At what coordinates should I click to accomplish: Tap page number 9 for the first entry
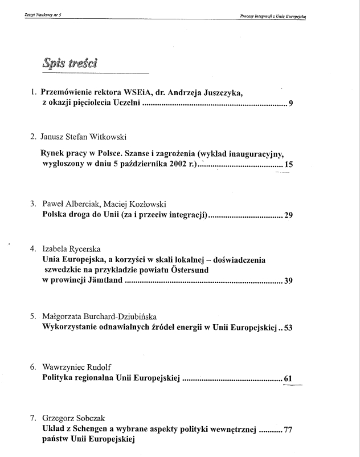pos(291,104)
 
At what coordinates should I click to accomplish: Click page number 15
pos(289,165)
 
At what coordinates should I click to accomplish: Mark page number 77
pos(288,430)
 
